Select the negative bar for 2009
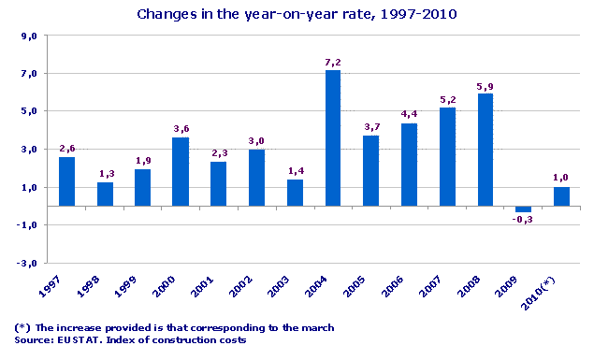(523, 209)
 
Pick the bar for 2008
(485, 150)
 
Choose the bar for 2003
(295, 193)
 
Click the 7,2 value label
(333, 62)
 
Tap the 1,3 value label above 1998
(105, 174)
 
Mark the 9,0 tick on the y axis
(29, 36)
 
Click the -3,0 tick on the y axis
(27, 264)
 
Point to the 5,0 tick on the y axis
(29, 111)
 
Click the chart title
(297, 14)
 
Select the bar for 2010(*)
(561, 196)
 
